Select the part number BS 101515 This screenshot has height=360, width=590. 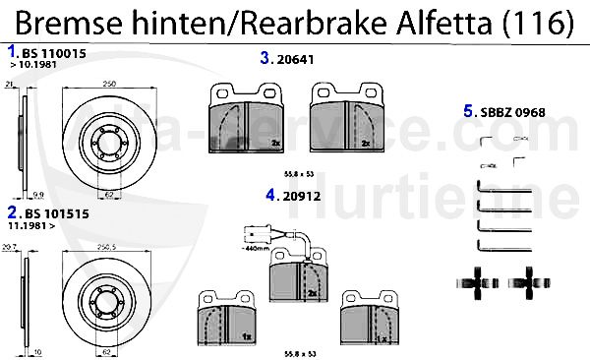pos(49,212)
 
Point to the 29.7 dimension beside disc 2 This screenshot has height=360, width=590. pos(10,250)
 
